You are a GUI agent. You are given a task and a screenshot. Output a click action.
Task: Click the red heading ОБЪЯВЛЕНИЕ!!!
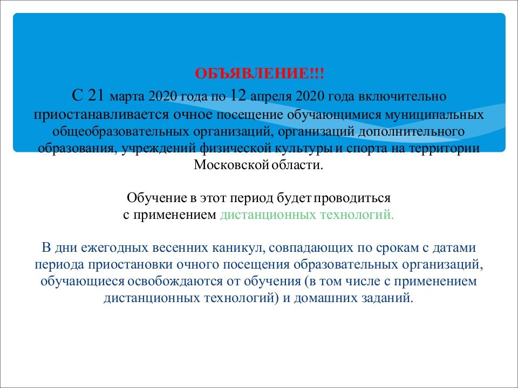click(260, 73)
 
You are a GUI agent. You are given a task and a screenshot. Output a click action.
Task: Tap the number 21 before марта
click(97, 96)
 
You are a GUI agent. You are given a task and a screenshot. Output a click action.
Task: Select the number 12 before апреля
click(238, 96)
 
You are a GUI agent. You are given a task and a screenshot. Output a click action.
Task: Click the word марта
click(127, 97)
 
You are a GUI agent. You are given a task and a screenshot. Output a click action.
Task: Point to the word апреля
click(271, 97)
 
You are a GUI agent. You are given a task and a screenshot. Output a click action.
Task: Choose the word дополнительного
click(411, 131)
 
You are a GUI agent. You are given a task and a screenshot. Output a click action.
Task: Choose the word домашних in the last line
click(323, 298)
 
